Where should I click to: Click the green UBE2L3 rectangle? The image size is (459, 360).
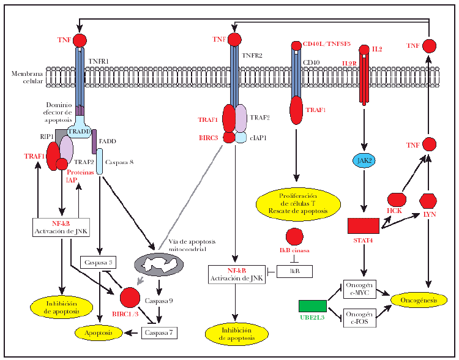[312, 306]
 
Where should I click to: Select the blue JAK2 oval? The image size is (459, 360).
[365, 161]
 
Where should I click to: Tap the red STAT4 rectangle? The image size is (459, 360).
[364, 225]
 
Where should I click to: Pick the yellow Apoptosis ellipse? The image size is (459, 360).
[99, 332]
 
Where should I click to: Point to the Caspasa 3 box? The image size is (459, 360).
[97, 263]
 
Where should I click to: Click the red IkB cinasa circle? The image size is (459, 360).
[295, 236]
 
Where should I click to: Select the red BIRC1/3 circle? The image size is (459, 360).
[130, 298]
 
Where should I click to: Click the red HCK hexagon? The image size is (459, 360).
[398, 200]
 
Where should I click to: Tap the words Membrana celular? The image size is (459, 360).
[28, 77]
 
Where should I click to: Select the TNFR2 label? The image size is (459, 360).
[253, 56]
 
